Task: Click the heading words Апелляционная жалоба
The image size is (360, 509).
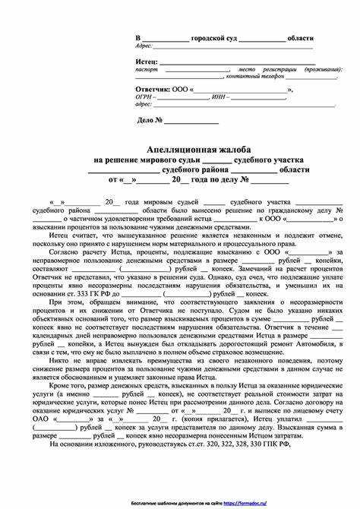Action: [181, 147]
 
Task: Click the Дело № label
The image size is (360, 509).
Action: [150, 120]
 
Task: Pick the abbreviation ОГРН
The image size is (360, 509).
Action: [144, 97]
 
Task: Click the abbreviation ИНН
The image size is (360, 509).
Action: [222, 97]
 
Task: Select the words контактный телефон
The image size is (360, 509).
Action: [266, 76]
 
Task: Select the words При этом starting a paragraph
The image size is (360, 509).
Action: [63, 302]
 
